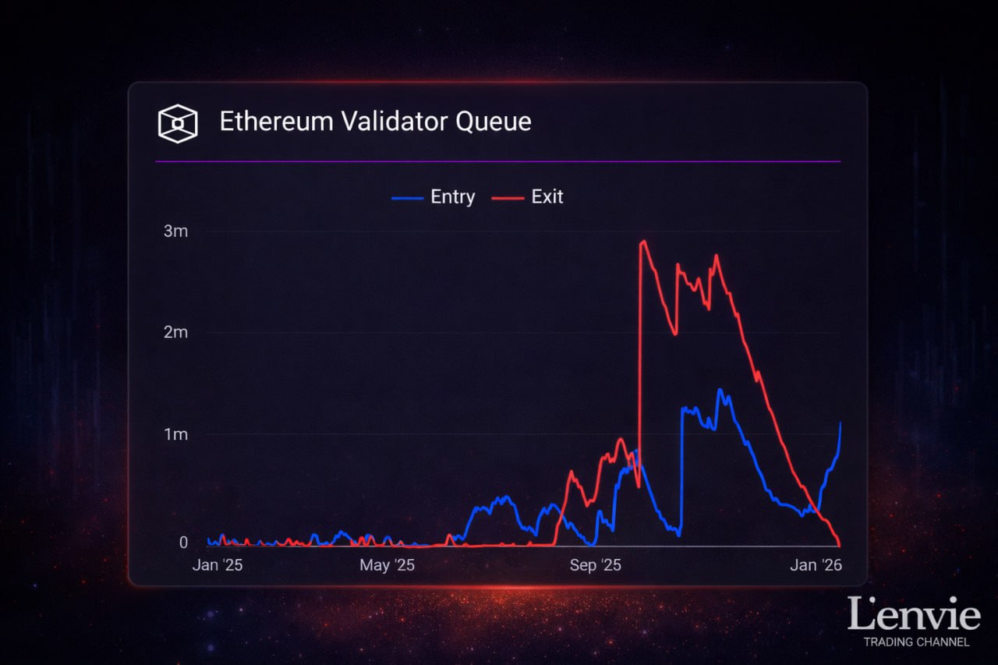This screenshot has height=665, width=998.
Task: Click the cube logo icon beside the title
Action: click(178, 123)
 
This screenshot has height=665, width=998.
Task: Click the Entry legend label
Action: click(452, 197)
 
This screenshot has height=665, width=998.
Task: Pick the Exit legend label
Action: click(547, 197)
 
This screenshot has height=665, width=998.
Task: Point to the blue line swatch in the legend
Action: click(407, 198)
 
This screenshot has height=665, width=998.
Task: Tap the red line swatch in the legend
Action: click(508, 198)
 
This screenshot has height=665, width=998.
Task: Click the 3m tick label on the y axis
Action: click(175, 232)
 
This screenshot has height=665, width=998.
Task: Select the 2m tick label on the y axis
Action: click(175, 333)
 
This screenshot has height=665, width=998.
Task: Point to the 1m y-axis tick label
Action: click(175, 434)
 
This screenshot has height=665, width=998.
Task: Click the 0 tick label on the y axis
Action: click(183, 543)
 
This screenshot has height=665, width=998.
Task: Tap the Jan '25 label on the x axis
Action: click(218, 565)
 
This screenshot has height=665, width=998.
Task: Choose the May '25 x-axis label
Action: click(388, 565)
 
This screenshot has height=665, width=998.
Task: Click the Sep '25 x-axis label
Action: click(596, 565)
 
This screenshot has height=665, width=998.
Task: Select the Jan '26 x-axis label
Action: click(816, 565)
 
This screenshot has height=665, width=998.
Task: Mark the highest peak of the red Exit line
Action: click(644, 241)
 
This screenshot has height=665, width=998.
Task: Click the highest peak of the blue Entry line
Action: click(720, 390)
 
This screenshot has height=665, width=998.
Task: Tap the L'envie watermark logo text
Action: click(914, 614)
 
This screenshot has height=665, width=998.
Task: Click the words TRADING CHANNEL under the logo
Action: click(916, 642)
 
